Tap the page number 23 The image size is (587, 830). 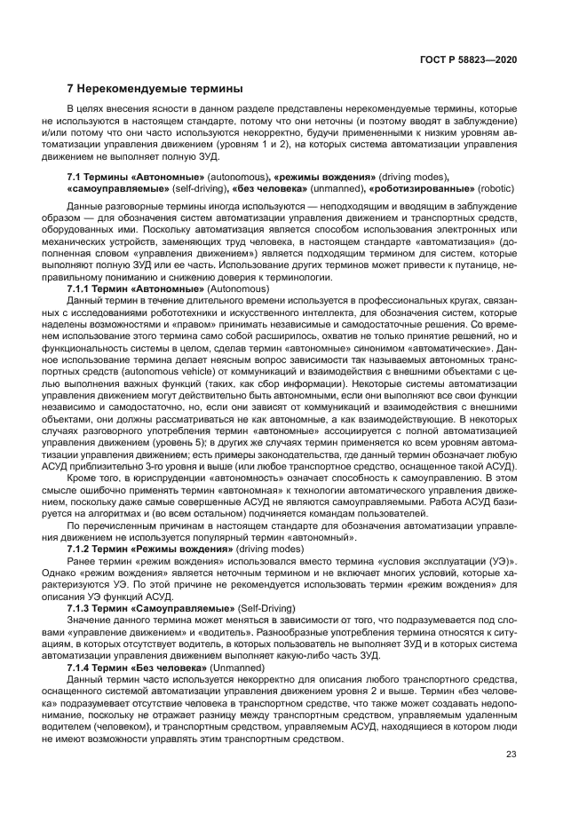click(512, 755)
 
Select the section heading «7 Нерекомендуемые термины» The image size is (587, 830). click(155, 89)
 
